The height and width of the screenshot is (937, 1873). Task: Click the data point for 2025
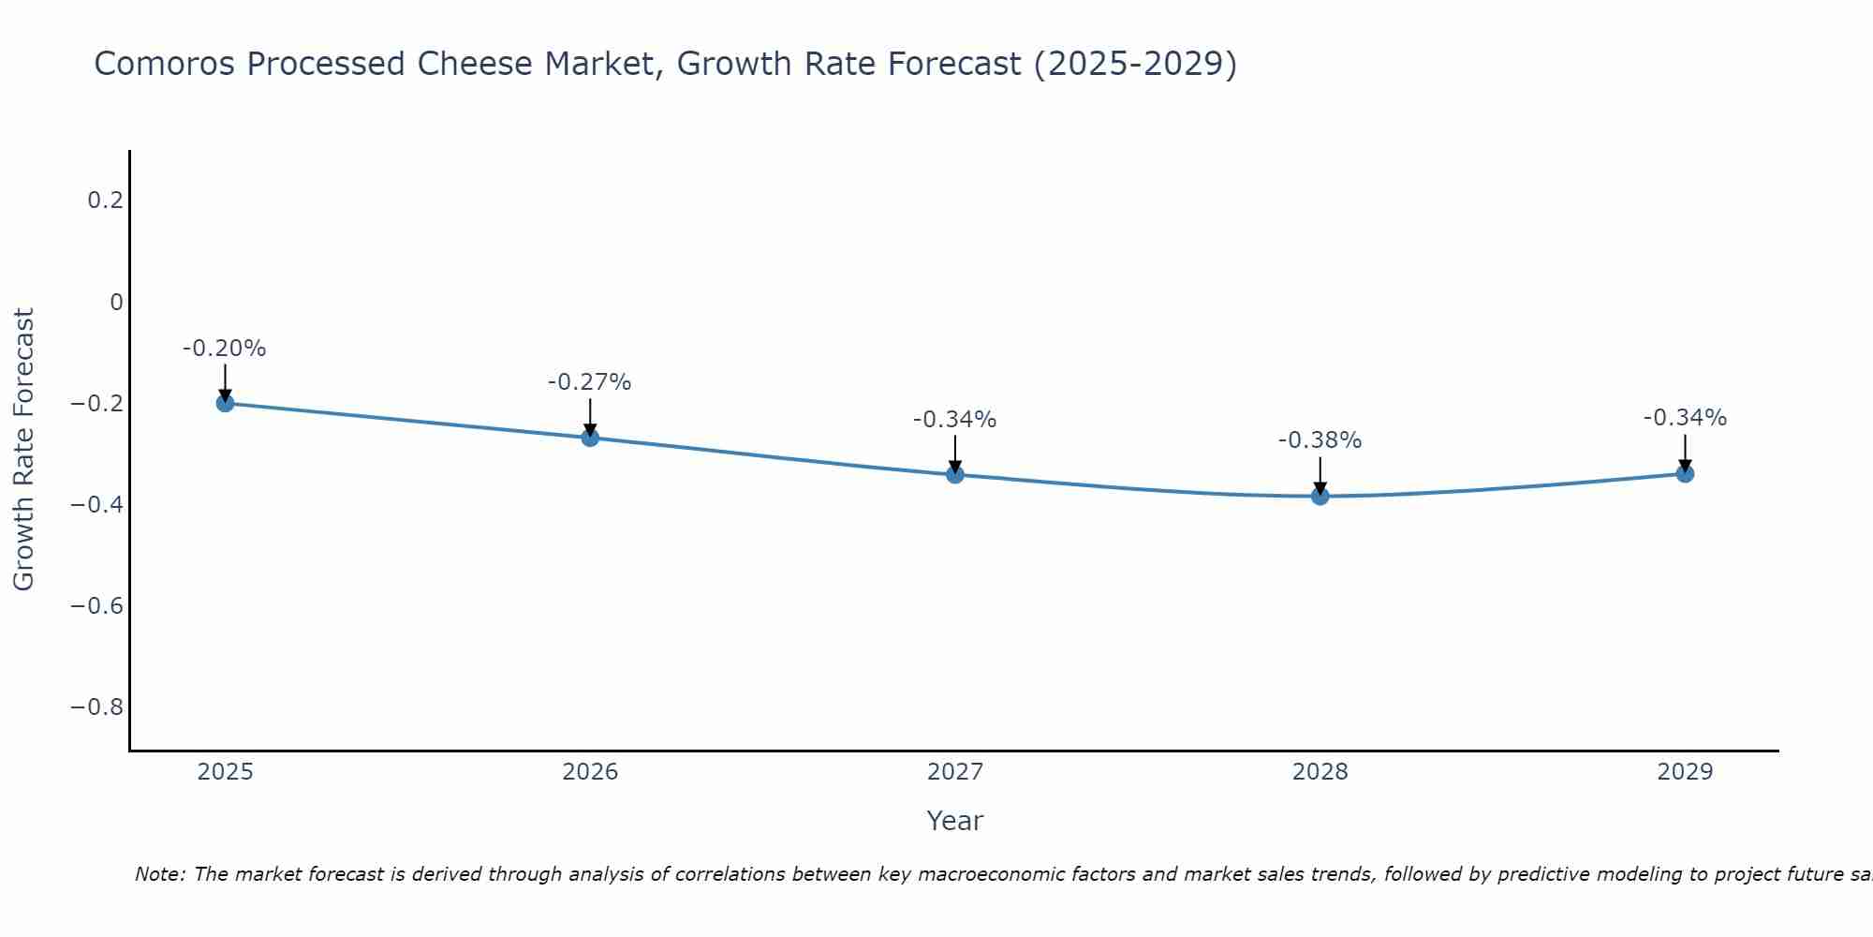(x=225, y=403)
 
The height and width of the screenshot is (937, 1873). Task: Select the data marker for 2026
(x=590, y=438)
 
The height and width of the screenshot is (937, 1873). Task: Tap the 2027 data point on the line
(x=955, y=474)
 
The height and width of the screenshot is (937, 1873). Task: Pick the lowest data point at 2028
(x=1320, y=496)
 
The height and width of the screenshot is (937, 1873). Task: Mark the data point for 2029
(x=1685, y=474)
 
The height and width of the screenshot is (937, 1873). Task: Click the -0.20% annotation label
(x=225, y=349)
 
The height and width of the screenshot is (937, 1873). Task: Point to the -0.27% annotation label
(x=590, y=382)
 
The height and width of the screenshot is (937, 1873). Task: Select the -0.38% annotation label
(x=1320, y=440)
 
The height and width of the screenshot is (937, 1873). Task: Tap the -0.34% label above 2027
(x=955, y=420)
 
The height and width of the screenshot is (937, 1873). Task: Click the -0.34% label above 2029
(x=1685, y=418)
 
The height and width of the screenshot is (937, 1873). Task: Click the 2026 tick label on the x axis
(x=590, y=772)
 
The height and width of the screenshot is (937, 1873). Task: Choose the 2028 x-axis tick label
(x=1320, y=772)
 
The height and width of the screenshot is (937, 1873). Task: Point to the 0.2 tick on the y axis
(x=105, y=201)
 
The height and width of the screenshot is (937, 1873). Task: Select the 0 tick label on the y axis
(x=116, y=302)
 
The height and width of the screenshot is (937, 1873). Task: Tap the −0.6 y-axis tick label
(x=96, y=605)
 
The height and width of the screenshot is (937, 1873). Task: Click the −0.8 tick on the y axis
(x=96, y=706)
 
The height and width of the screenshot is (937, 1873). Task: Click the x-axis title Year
(x=954, y=821)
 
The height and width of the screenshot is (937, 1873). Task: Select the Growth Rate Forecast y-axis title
(x=23, y=450)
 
